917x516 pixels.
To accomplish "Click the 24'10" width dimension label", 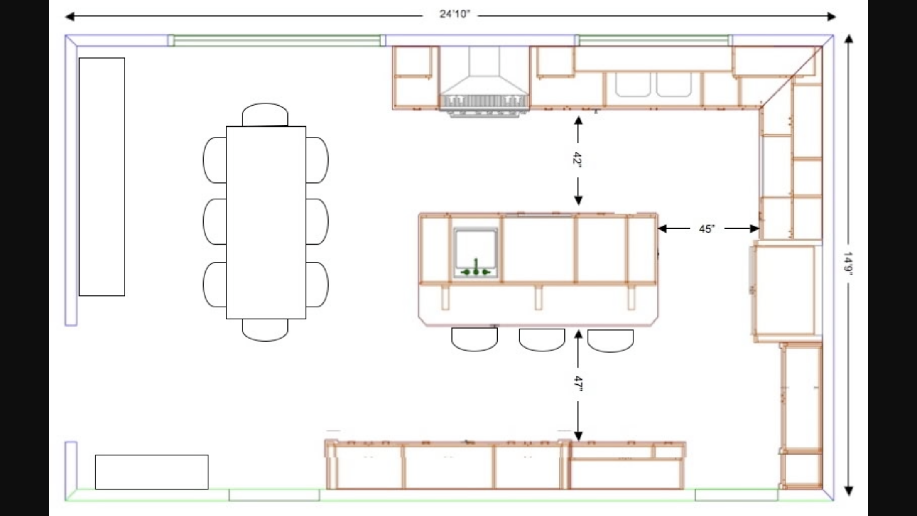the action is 455,14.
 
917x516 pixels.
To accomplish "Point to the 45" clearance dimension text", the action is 707,229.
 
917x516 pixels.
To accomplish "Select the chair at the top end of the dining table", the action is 265,115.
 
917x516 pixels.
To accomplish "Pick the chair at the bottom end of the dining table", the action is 265,330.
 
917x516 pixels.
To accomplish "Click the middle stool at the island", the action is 542,340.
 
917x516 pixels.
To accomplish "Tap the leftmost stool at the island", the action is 474,339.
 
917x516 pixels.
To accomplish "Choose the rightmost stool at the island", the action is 610,341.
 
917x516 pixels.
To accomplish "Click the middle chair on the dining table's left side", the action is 215,222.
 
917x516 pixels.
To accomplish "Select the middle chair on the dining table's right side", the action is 317,222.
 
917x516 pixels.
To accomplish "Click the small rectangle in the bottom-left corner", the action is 152,472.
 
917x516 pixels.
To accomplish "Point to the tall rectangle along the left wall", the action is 102,177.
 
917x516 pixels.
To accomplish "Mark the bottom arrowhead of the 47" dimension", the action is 578,436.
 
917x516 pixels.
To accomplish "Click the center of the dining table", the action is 266,223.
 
